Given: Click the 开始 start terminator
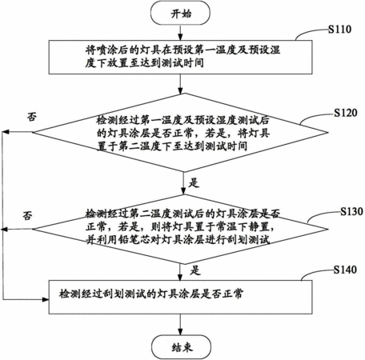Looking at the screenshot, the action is pyautogui.click(x=180, y=13).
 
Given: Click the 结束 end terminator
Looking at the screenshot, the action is pyautogui.click(x=182, y=347).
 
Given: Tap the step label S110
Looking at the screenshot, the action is pyautogui.click(x=339, y=30).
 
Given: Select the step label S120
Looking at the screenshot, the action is pyautogui.click(x=346, y=113).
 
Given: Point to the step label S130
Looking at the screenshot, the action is pyautogui.click(x=351, y=211).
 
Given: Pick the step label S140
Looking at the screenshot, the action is pyautogui.click(x=345, y=270).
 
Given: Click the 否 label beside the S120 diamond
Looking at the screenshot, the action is pyautogui.click(x=32, y=117).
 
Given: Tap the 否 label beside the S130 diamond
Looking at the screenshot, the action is pyautogui.click(x=28, y=215).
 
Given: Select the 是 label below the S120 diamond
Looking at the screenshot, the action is pyautogui.click(x=194, y=183).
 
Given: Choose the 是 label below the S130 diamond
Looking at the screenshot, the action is pyautogui.click(x=195, y=270).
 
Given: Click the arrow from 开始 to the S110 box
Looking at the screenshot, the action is pyautogui.click(x=180, y=33).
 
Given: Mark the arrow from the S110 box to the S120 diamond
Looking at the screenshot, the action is pyautogui.click(x=180, y=84).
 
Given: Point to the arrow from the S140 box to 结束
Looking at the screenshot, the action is pyautogui.click(x=180, y=325).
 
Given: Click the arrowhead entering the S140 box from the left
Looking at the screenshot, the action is pyautogui.click(x=46, y=300).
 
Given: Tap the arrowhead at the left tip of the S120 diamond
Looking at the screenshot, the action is pyautogui.click(x=6, y=132).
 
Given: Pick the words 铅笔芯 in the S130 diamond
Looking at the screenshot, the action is pyautogui.click(x=146, y=240).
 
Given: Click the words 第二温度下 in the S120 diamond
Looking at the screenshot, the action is pyautogui.click(x=145, y=146).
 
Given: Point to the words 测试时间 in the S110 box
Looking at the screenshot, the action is pyautogui.click(x=182, y=63).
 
